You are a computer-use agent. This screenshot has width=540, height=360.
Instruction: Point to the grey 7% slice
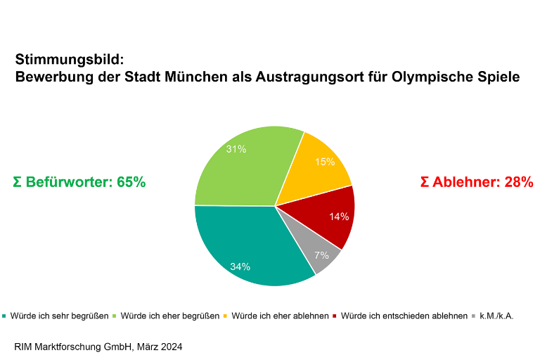(x=320, y=257)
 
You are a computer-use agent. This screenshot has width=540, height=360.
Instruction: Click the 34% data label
(x=240, y=266)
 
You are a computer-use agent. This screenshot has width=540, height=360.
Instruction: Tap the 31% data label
(x=236, y=149)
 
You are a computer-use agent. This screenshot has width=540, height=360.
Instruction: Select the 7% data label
(x=321, y=255)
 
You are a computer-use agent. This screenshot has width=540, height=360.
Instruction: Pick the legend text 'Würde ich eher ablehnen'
(x=280, y=316)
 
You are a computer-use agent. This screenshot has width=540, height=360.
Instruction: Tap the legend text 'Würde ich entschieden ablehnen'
(x=404, y=316)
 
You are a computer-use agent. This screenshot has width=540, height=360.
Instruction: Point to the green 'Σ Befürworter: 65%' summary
(x=79, y=182)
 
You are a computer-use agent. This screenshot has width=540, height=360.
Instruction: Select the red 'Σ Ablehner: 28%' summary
(x=477, y=182)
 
